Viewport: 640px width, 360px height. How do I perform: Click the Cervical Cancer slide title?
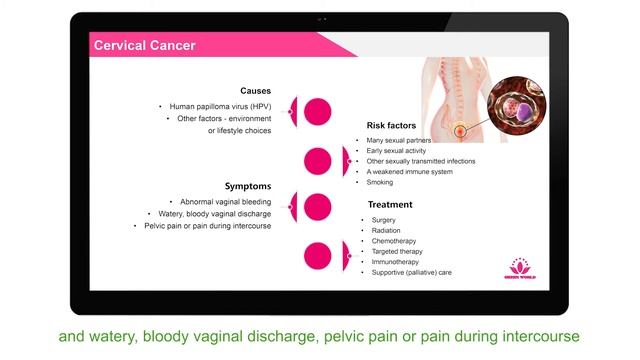[144, 45]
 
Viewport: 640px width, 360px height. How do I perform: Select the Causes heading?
[255, 90]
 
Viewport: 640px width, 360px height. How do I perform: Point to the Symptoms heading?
[248, 186]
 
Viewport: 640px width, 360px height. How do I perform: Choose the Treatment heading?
[390, 205]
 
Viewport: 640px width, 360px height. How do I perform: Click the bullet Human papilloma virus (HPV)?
[219, 106]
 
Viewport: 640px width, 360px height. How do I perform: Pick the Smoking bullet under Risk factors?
[380, 182]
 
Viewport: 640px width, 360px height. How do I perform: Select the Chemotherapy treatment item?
[394, 241]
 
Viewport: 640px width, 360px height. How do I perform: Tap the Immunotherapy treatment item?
[395, 262]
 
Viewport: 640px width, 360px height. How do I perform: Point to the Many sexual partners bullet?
[398, 141]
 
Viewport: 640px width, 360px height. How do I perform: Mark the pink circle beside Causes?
[317, 111]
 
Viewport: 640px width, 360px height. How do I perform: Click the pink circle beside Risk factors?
[318, 160]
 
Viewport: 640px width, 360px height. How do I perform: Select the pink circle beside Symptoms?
[317, 207]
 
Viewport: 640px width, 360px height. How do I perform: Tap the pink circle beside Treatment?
[318, 255]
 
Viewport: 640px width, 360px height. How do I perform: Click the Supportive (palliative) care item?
[411, 272]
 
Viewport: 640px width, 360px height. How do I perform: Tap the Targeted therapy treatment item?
[396, 251]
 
